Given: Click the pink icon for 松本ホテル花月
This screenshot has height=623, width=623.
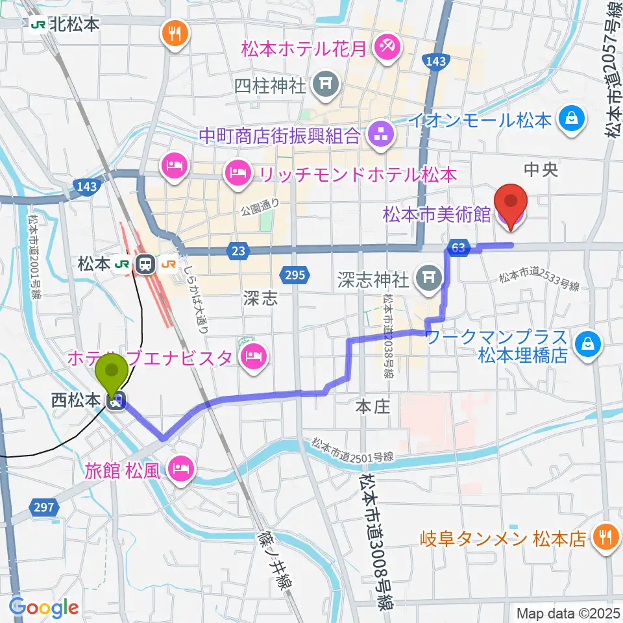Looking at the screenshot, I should pyautogui.click(x=390, y=48).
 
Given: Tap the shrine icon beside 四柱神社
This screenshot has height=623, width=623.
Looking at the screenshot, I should pyautogui.click(x=323, y=84).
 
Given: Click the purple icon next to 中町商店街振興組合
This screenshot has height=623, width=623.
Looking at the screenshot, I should pyautogui.click(x=377, y=136).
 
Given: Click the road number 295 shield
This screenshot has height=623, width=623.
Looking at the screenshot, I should pyautogui.click(x=295, y=275).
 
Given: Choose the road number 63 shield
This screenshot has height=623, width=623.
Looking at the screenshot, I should pyautogui.click(x=458, y=247).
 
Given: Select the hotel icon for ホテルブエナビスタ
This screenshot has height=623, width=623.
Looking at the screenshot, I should pyautogui.click(x=250, y=356).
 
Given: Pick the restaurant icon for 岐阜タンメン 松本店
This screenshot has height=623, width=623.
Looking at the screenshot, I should pyautogui.click(x=605, y=537).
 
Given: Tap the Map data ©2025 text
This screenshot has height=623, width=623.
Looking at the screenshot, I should pyautogui.click(x=568, y=612).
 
